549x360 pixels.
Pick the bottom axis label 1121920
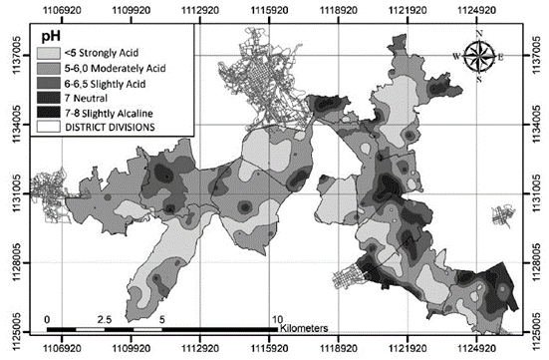pos(409,351)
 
